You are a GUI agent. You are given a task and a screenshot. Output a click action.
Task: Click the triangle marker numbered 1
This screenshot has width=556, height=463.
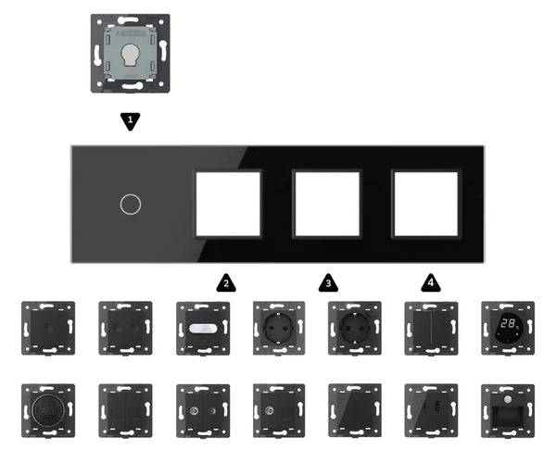point(131,120)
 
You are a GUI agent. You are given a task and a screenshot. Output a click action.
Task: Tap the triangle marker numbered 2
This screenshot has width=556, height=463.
point(224,281)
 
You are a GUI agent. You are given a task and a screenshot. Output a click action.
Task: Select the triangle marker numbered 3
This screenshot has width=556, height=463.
point(327,281)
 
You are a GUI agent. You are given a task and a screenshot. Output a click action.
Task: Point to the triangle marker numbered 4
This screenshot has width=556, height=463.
point(429,281)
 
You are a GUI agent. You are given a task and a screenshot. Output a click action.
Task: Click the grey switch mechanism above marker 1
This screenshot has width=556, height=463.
point(131,53)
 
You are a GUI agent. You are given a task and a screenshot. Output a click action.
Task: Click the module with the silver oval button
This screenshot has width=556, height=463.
point(200,327)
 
